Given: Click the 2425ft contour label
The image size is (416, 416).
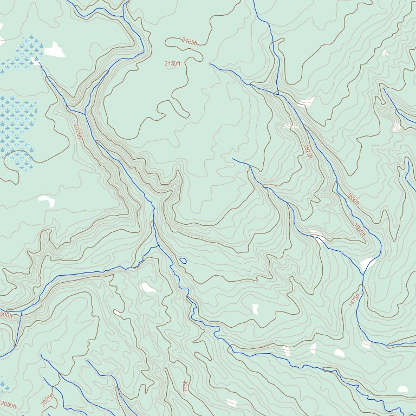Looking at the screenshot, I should point(190,41).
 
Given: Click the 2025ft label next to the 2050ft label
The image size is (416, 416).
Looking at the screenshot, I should point(47,400).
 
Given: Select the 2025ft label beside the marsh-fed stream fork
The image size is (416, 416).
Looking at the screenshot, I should point(77,132).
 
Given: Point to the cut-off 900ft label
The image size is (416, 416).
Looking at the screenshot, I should point(6,315).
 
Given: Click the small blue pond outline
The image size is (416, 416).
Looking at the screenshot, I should point(183,261).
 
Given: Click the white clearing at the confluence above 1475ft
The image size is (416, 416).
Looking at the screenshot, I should point(368,264).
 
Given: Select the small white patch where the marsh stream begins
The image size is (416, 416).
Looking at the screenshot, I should point(37,62).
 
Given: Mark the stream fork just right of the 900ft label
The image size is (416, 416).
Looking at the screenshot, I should point(22,311).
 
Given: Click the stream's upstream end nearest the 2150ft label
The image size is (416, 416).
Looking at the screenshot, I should point(210,64).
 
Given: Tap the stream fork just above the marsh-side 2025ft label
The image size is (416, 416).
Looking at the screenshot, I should point(85,113).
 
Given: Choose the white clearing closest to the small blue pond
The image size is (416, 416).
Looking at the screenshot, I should point(148,287).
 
